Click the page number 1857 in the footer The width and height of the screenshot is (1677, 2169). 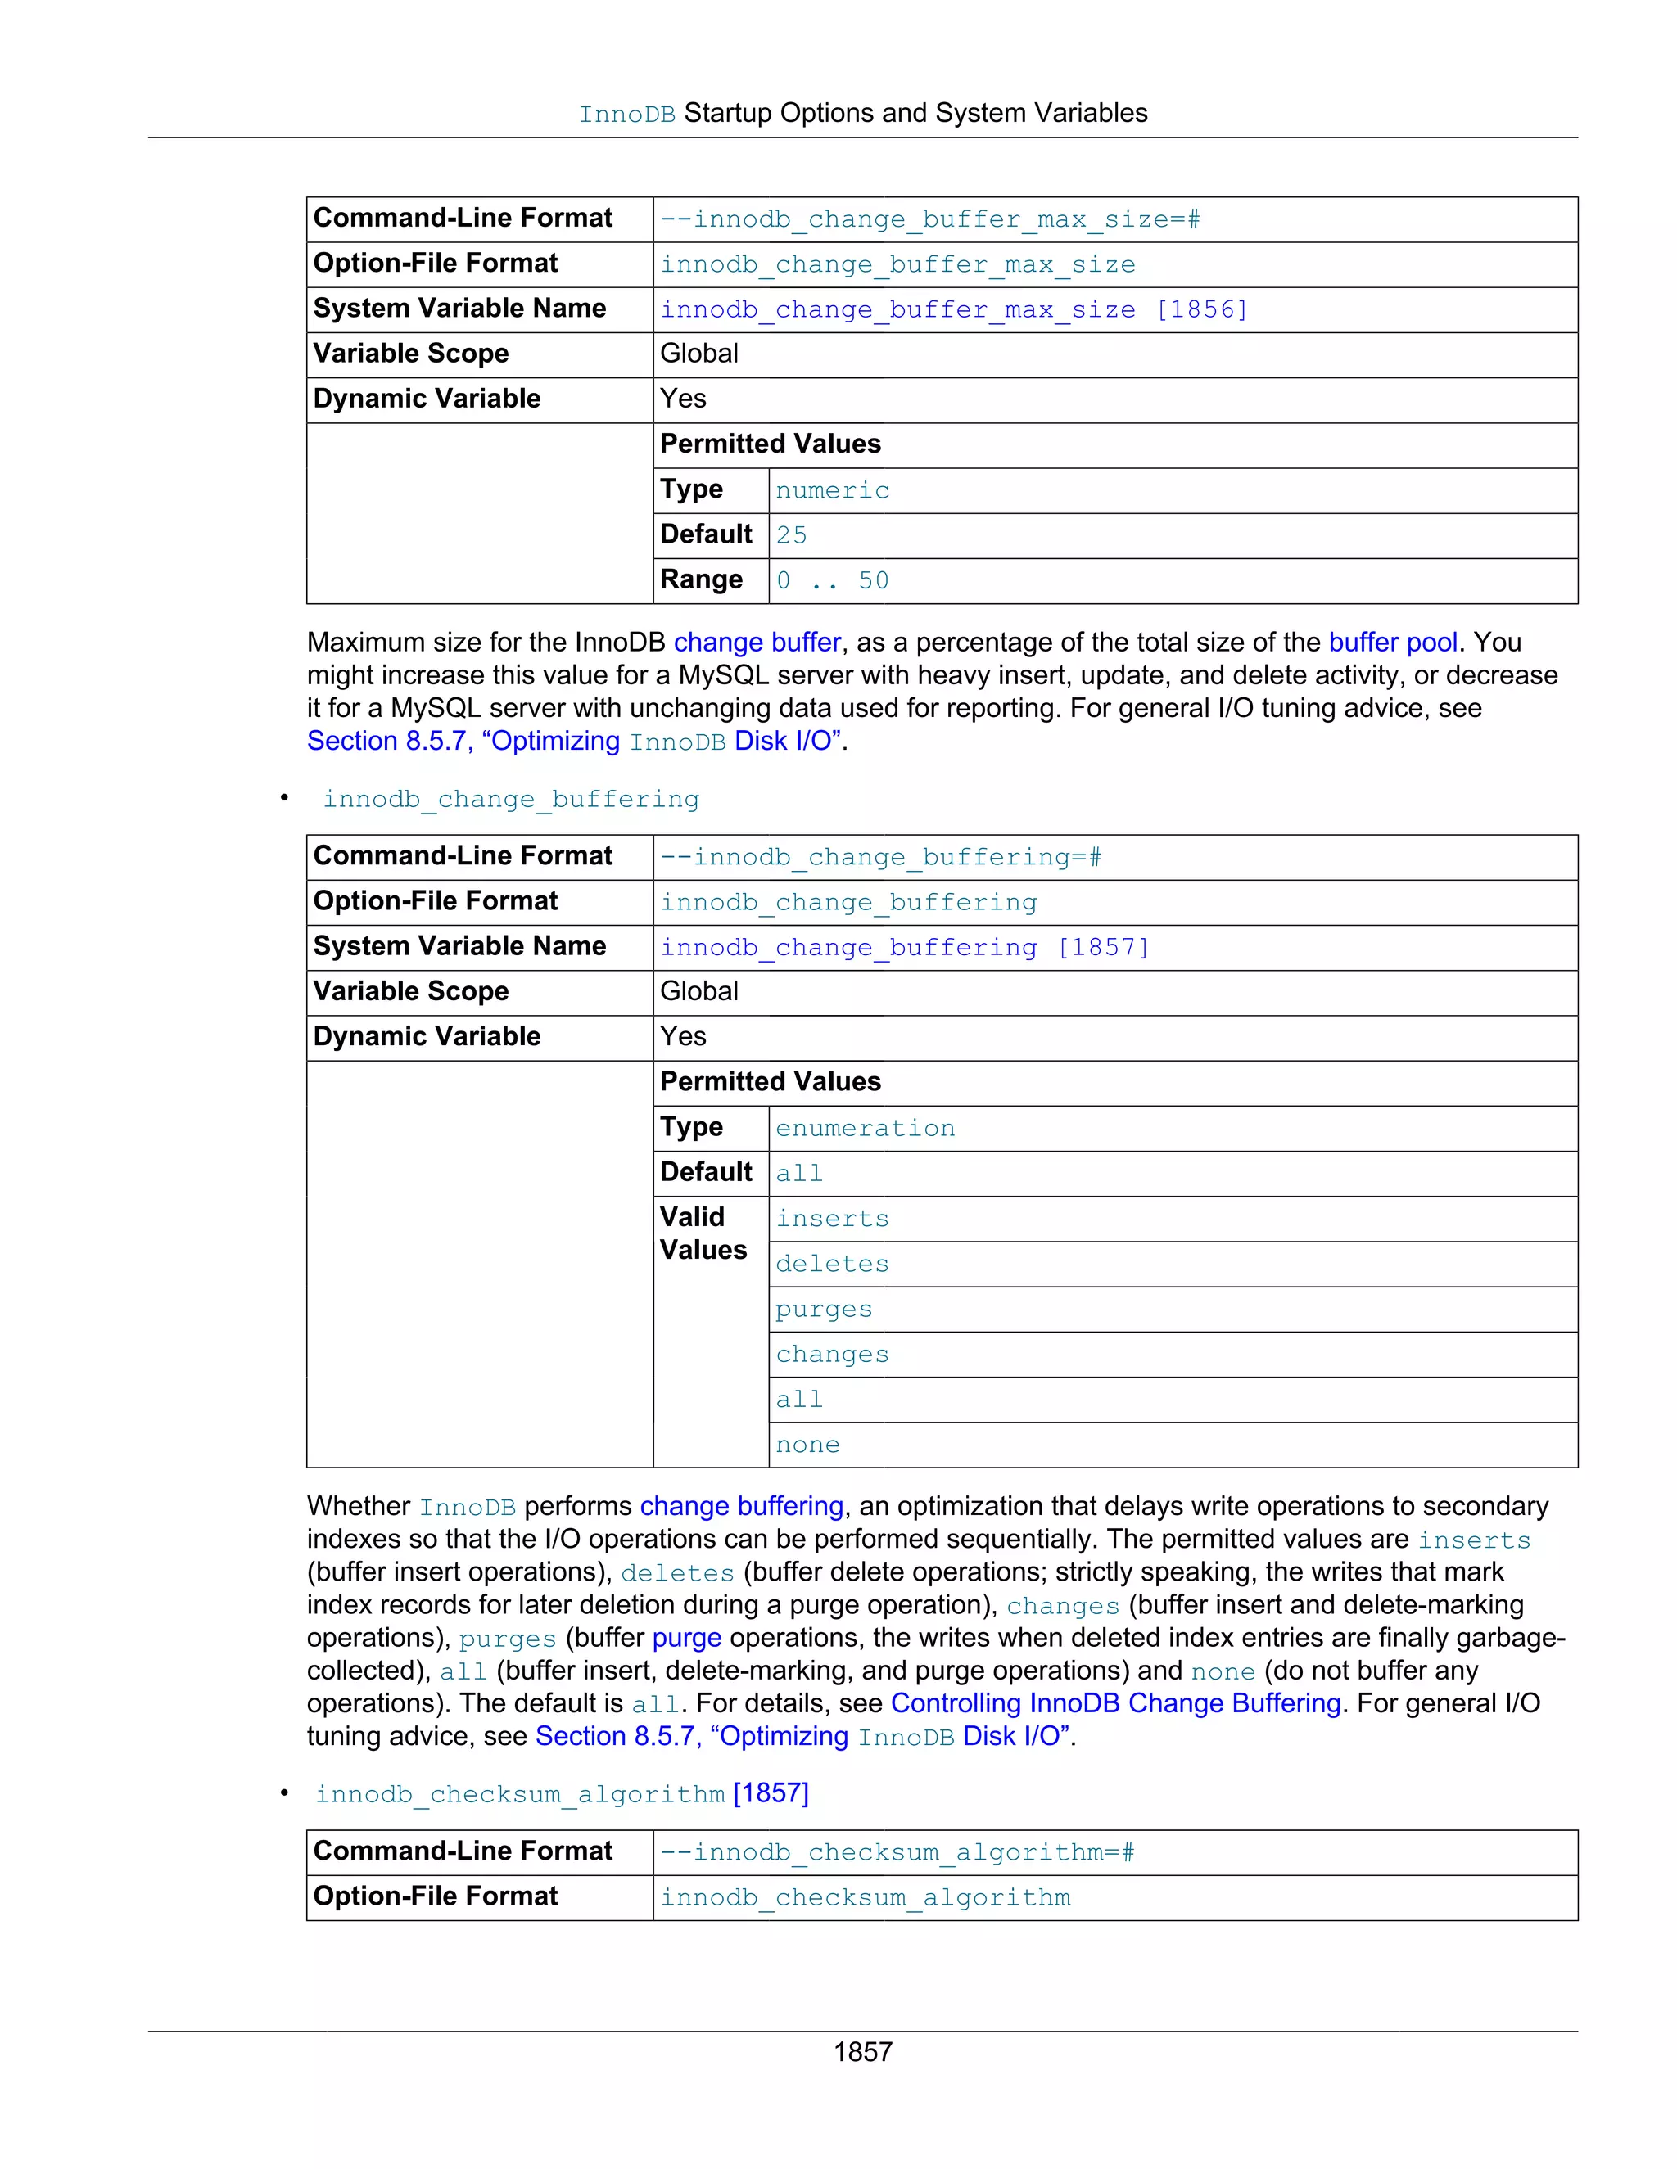click(x=862, y=2051)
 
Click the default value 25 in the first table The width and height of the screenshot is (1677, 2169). click(x=791, y=535)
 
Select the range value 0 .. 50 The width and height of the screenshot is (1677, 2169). click(x=832, y=581)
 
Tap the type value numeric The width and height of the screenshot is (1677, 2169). click(x=832, y=490)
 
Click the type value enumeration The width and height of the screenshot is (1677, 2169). click(x=865, y=1128)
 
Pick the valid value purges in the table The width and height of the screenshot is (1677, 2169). click(x=824, y=1309)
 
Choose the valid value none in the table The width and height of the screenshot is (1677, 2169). click(x=807, y=1445)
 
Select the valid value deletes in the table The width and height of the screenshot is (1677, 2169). click(x=832, y=1265)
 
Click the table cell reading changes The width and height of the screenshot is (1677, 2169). click(x=832, y=1355)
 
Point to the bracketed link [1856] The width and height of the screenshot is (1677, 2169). click(x=1201, y=310)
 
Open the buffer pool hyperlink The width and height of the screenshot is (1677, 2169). click(x=1393, y=643)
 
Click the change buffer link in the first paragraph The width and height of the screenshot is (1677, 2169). click(x=757, y=643)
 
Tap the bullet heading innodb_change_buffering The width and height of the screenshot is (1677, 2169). click(x=511, y=800)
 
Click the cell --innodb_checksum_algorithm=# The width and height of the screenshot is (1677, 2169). click(x=897, y=1852)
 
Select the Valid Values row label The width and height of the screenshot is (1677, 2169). click(x=703, y=1233)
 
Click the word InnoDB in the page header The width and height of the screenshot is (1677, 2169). click(x=627, y=115)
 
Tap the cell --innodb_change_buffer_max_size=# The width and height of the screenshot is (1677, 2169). click(x=930, y=219)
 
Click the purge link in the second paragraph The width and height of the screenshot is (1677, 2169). click(x=686, y=1638)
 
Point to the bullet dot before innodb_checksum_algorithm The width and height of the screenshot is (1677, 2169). click(x=284, y=1792)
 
